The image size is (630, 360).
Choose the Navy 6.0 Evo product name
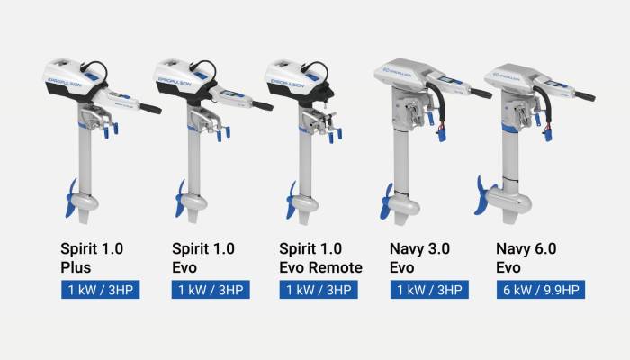pos(531,255)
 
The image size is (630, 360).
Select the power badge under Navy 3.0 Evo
pos(427,290)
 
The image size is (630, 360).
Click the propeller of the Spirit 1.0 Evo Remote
pos(292,197)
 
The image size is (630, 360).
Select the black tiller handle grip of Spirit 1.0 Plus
pos(148,109)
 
